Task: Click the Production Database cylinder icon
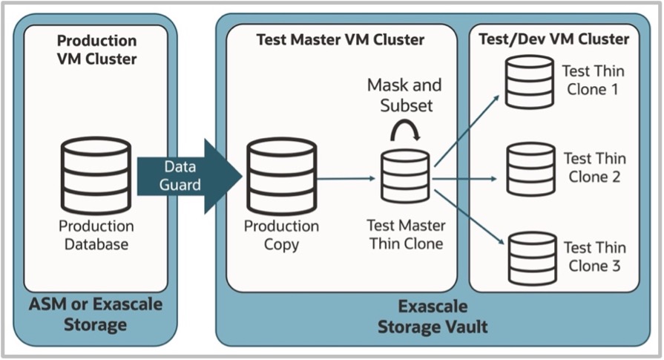96,176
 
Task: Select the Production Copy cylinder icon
282,176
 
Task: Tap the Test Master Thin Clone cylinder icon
405,176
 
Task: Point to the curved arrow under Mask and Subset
405,131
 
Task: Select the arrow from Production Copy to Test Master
346,178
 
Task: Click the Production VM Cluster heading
96,49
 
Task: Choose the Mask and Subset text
404,95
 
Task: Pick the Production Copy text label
282,234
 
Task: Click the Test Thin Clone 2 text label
594,168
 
